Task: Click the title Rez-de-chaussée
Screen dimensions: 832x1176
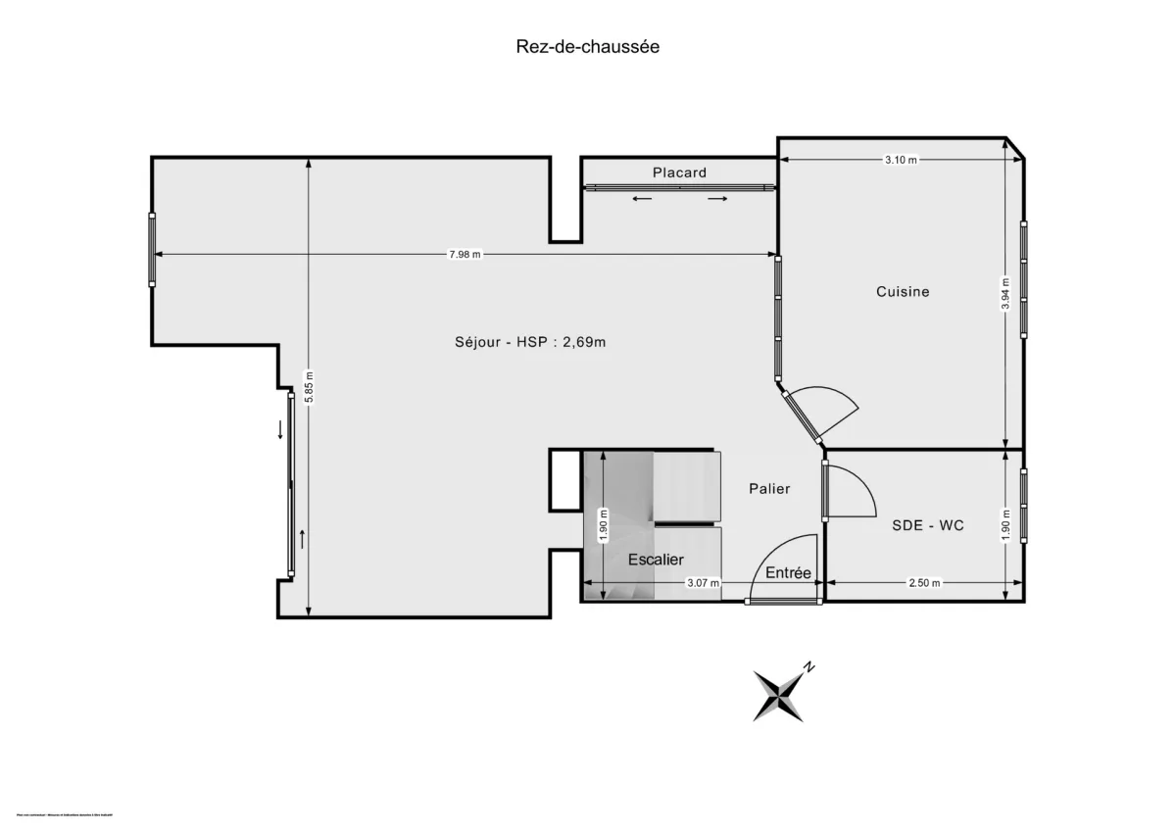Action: [588, 46]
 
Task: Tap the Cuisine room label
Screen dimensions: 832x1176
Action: [903, 291]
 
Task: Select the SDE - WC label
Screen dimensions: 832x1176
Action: [927, 525]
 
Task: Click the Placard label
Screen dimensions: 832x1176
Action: [679, 172]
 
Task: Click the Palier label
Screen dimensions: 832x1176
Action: [769, 488]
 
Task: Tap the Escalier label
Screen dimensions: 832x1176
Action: [656, 560]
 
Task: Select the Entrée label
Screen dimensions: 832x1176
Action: [788, 572]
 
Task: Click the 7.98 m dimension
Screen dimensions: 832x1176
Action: [465, 255]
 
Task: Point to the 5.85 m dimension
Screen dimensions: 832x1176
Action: [309, 386]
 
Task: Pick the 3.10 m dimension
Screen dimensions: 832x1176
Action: [900, 160]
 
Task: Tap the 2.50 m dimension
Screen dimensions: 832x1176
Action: [923, 583]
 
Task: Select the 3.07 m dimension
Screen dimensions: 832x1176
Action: [702, 583]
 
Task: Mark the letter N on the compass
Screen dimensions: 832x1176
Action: [808, 667]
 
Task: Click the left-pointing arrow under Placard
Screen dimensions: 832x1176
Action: [642, 199]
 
